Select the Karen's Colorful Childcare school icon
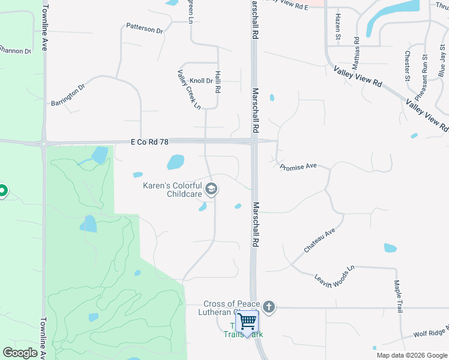[211, 190]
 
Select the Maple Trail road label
[397, 296]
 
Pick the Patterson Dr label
[145, 28]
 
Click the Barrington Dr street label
[68, 94]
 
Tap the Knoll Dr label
[201, 80]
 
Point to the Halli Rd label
[218, 80]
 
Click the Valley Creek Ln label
[188, 90]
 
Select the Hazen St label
[338, 27]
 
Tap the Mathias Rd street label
[357, 52]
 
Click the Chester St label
[407, 65]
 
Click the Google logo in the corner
[20, 353]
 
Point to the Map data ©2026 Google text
[412, 355]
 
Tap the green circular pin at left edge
[2, 191]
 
